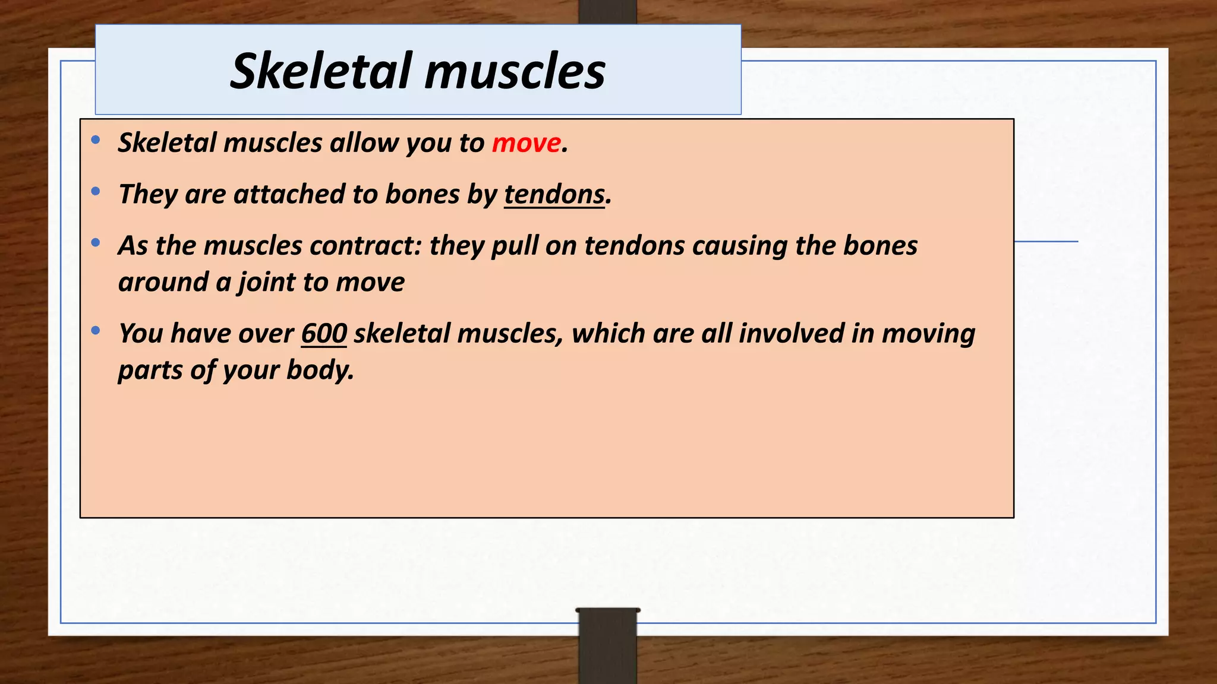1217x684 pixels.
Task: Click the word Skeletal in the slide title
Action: (321, 71)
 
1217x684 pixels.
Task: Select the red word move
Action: (526, 143)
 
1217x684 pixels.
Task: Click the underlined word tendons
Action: (554, 195)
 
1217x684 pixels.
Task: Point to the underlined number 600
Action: (324, 334)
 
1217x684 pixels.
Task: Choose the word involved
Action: (791, 334)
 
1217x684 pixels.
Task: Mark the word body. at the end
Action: (320, 370)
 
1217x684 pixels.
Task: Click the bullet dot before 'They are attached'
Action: (96, 191)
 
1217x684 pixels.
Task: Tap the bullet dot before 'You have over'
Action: (96, 330)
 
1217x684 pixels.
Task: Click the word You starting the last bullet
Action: (141, 334)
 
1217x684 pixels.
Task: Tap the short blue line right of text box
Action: (1046, 242)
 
